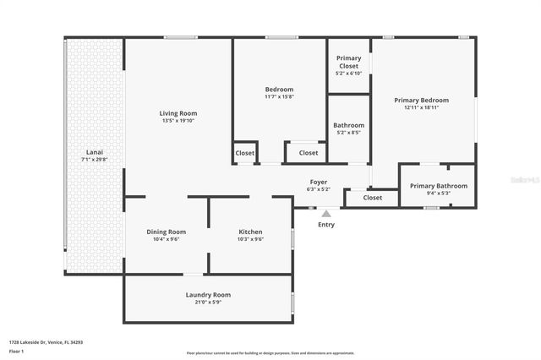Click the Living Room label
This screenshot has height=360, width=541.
pyautogui.click(x=178, y=113)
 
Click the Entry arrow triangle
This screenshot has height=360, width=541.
pyautogui.click(x=326, y=214)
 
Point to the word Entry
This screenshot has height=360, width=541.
pyautogui.click(x=326, y=225)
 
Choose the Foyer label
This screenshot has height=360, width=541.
pyautogui.click(x=319, y=182)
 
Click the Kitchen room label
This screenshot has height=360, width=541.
pyautogui.click(x=250, y=232)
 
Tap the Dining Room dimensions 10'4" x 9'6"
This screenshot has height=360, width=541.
pyautogui.click(x=166, y=239)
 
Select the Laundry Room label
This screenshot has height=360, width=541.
pyautogui.click(x=208, y=295)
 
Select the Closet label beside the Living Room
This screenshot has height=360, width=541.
pyautogui.click(x=245, y=153)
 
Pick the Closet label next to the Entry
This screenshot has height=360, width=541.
pyautogui.click(x=373, y=198)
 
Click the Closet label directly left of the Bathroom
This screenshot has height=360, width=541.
pyautogui.click(x=309, y=153)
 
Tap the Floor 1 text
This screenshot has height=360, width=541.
pyautogui.click(x=16, y=351)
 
